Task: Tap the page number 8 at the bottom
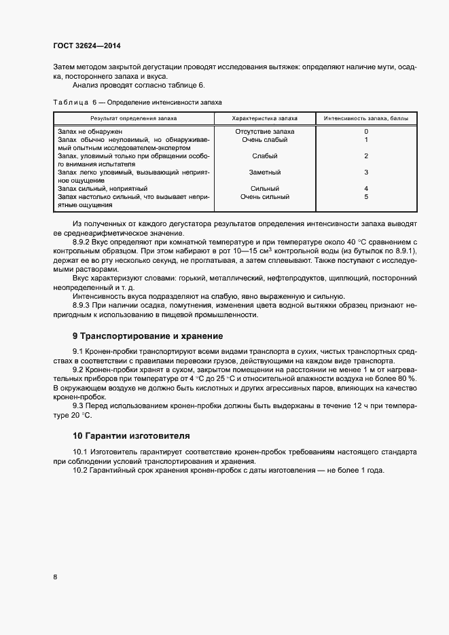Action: coord(54,577)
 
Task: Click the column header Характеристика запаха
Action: coord(264,117)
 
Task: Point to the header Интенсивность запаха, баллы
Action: coord(365,117)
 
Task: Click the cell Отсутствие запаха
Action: coord(264,131)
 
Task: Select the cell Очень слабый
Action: coord(264,139)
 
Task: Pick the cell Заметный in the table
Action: coord(264,173)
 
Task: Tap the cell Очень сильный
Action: coord(264,197)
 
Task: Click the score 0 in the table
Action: coord(366,131)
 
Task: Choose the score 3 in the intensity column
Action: coord(366,173)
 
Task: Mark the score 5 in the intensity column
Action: coord(366,197)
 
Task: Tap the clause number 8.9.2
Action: coord(82,242)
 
